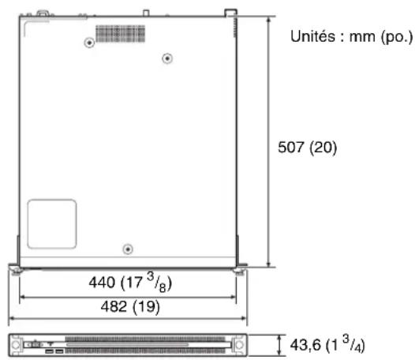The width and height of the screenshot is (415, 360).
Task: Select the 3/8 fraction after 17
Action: (151, 279)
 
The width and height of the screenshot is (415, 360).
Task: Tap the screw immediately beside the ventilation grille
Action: (166, 59)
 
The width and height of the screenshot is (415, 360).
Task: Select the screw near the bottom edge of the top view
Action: (128, 249)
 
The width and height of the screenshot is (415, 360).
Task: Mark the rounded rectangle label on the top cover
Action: (51, 224)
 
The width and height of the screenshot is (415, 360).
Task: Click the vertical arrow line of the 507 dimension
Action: (269, 142)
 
